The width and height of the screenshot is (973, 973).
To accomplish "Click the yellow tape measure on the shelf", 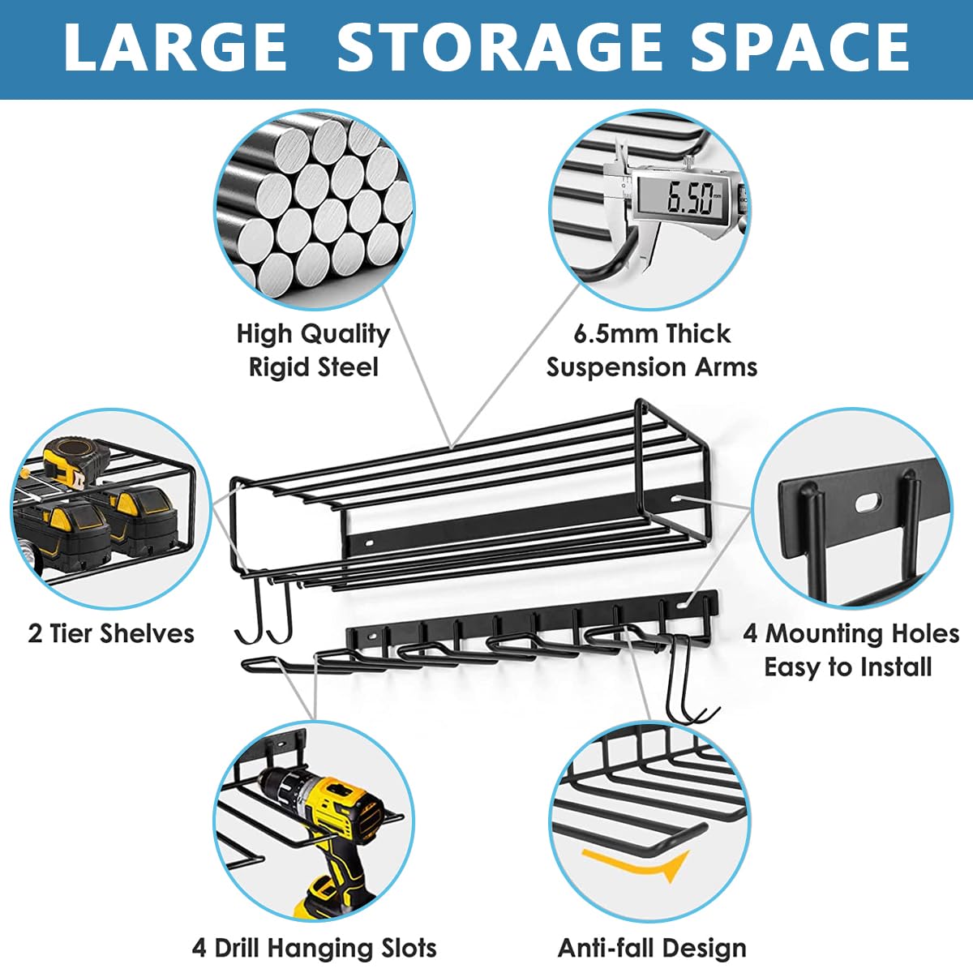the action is click(75, 464).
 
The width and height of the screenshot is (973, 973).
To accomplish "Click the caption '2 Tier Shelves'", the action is click(111, 633).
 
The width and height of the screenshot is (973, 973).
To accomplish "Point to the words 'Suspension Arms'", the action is click(652, 367).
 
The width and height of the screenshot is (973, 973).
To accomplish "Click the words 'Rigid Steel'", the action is click(314, 367).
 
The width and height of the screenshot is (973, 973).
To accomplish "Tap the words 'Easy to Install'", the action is click(848, 667).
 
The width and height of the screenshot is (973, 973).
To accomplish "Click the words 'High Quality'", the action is click(314, 334).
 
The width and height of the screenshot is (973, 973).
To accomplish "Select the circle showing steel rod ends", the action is click(314, 210).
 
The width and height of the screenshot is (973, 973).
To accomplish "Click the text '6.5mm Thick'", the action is click(652, 334).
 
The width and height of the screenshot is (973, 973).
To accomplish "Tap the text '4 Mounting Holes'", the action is click(851, 633).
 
